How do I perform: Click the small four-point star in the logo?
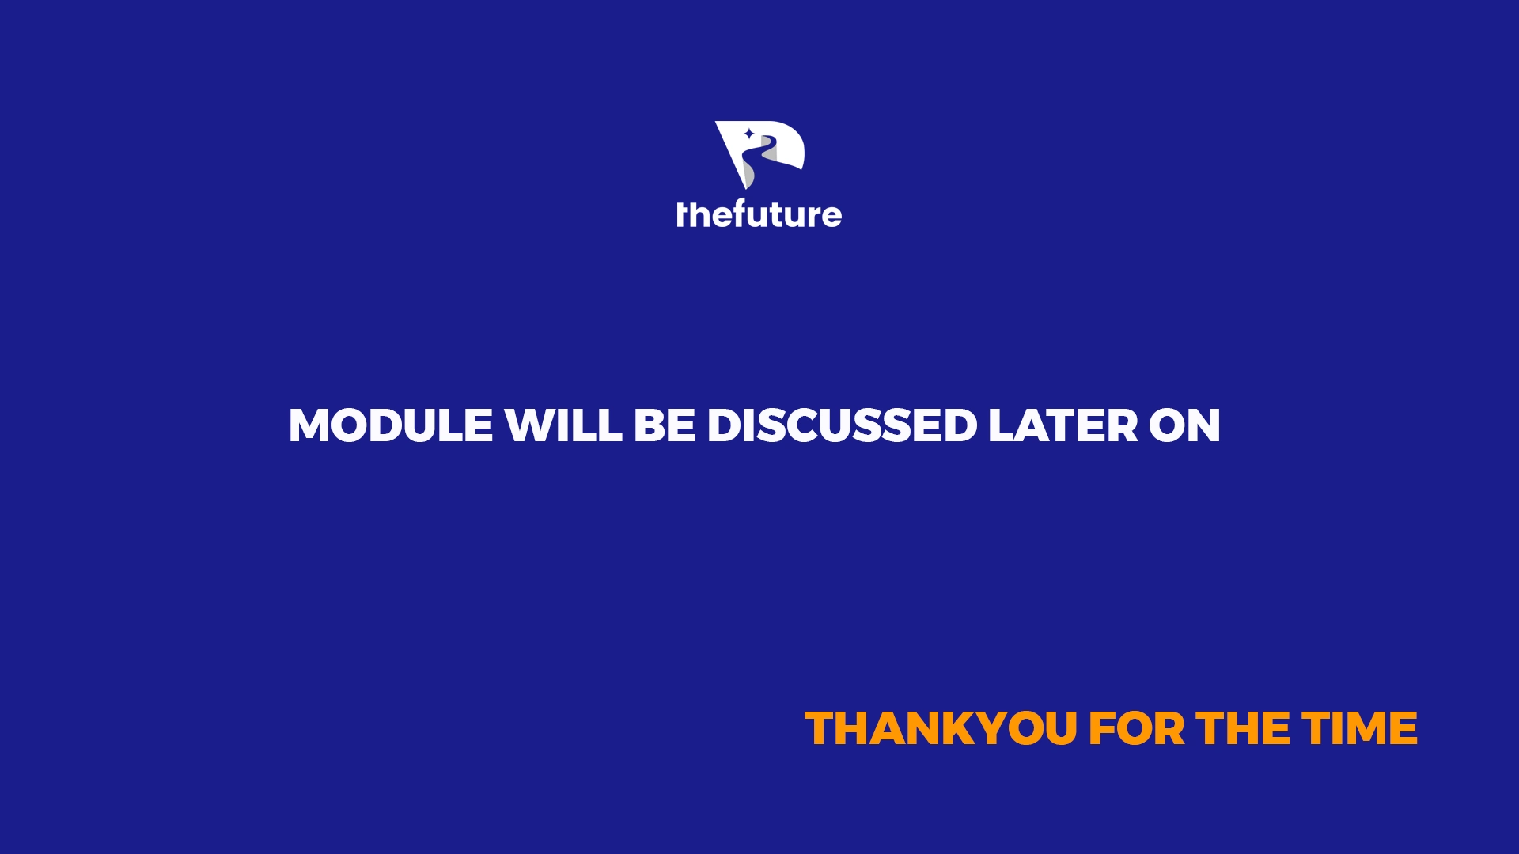(x=748, y=134)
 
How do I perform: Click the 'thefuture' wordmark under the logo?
(x=759, y=214)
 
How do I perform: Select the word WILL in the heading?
(x=564, y=425)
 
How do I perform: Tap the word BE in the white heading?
(x=665, y=425)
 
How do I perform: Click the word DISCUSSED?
(x=842, y=425)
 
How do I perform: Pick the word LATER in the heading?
(x=1063, y=425)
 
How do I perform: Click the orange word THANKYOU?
(x=941, y=728)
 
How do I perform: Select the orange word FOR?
(x=1137, y=728)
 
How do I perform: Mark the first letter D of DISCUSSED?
(x=725, y=425)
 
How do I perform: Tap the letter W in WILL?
(x=532, y=425)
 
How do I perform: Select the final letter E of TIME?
(x=1403, y=728)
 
